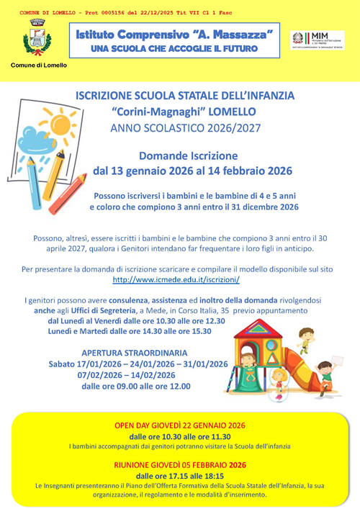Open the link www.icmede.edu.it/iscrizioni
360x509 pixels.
[x=176, y=279]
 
